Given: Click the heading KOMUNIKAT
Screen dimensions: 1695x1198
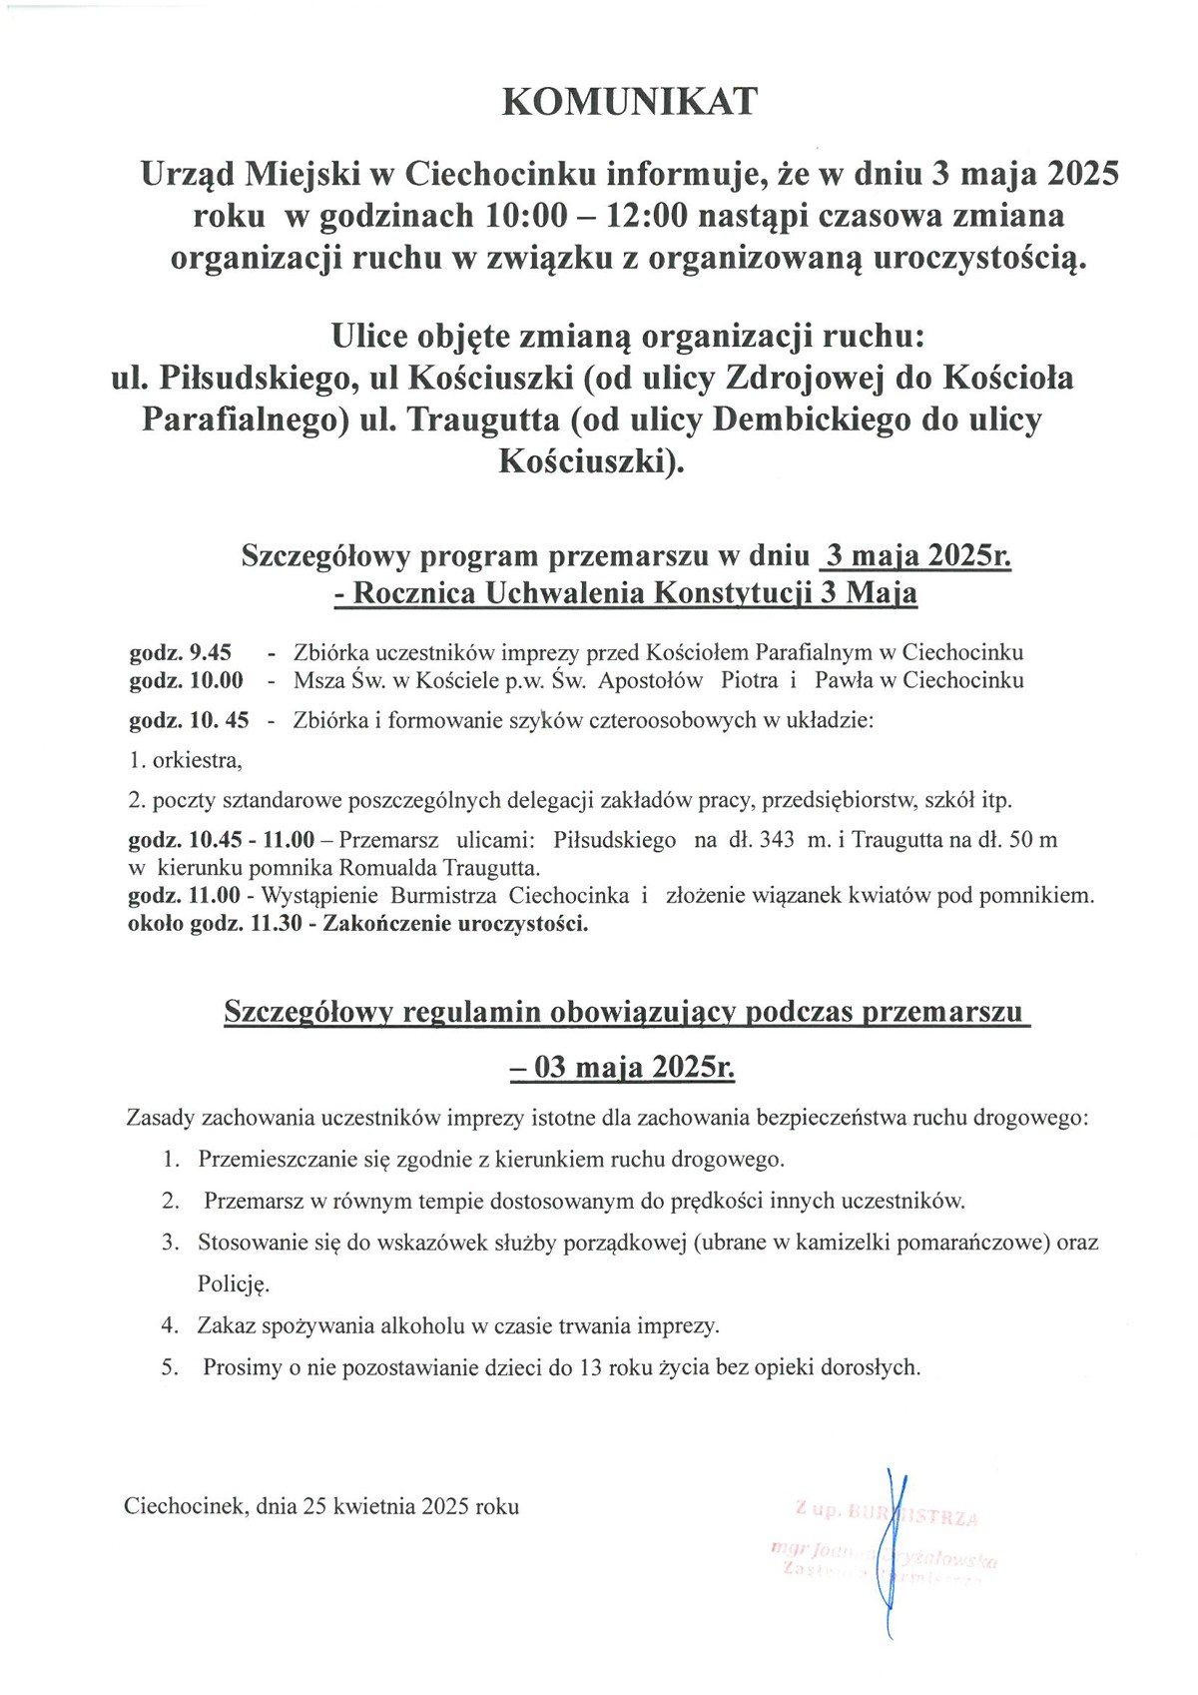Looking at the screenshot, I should click(629, 101).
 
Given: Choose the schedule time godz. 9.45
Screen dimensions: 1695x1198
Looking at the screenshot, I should click(181, 653).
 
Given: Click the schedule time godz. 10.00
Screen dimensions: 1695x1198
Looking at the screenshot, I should click(186, 681).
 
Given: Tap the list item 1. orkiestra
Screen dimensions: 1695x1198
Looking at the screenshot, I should click(186, 760).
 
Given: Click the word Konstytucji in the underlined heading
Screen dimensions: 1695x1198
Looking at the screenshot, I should click(733, 594).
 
